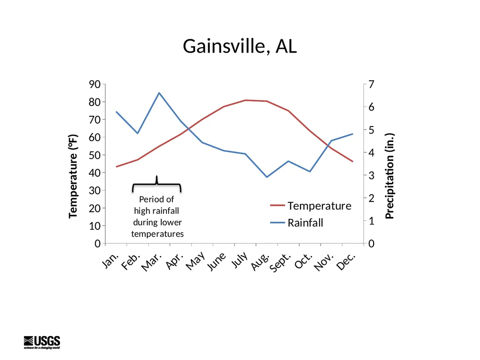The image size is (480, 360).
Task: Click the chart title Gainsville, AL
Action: (240, 46)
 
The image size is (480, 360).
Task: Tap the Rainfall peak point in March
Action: (159, 93)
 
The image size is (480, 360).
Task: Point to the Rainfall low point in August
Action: (267, 177)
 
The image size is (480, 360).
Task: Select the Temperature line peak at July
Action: (246, 100)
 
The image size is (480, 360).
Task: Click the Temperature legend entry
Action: (311, 206)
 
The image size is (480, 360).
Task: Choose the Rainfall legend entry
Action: (296, 223)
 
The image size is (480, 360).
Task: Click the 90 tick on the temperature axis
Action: (95, 84)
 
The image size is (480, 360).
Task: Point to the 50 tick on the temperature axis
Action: (95, 155)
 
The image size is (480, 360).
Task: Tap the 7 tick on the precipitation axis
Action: (371, 84)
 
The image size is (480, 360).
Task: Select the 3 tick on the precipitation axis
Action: (371, 175)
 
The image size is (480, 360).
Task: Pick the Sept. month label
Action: (280, 262)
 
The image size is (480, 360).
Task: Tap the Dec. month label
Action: (346, 261)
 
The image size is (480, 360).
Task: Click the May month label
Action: (195, 261)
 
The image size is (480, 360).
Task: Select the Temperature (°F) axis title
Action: (73, 176)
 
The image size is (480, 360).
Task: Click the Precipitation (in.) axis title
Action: (390, 176)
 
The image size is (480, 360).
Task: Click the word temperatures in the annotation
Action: (157, 234)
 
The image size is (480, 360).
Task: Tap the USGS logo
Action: (42, 342)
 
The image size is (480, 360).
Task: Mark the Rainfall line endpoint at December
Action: (352, 134)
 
